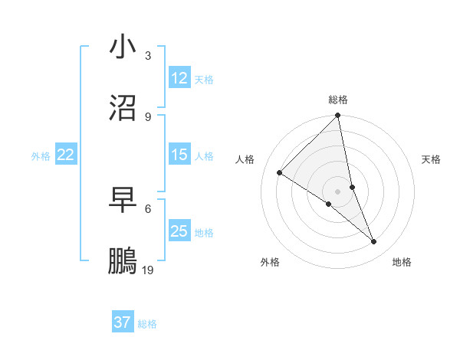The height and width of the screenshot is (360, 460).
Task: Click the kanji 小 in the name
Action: click(123, 47)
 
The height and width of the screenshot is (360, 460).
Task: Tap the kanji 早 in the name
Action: click(123, 200)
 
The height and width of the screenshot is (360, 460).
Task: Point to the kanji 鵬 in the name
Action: click(123, 261)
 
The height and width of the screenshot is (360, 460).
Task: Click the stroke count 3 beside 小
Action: click(148, 56)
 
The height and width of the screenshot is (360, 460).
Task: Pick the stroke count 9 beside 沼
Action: click(148, 117)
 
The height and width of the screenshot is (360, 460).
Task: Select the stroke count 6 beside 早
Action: click(148, 208)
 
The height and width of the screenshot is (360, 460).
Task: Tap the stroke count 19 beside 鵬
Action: click(148, 270)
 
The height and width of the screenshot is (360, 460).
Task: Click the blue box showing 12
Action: click(179, 78)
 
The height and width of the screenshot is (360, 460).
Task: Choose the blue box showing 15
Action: click(179, 155)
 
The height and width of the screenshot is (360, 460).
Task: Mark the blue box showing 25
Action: click(179, 231)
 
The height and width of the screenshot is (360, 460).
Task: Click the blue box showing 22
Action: click(66, 155)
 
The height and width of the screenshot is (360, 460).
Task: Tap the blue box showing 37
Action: click(123, 322)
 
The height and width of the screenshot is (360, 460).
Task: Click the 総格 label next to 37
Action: click(147, 324)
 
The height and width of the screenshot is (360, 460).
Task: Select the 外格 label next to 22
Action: click(41, 156)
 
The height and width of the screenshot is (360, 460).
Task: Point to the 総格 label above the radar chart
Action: click(338, 100)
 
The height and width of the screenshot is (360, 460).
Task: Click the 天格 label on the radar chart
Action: click(431, 159)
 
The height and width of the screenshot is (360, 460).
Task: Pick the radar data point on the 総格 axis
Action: click(338, 116)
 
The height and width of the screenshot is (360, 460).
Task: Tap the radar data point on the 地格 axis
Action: click(374, 242)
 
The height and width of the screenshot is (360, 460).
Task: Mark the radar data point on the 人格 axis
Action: click(279, 172)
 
